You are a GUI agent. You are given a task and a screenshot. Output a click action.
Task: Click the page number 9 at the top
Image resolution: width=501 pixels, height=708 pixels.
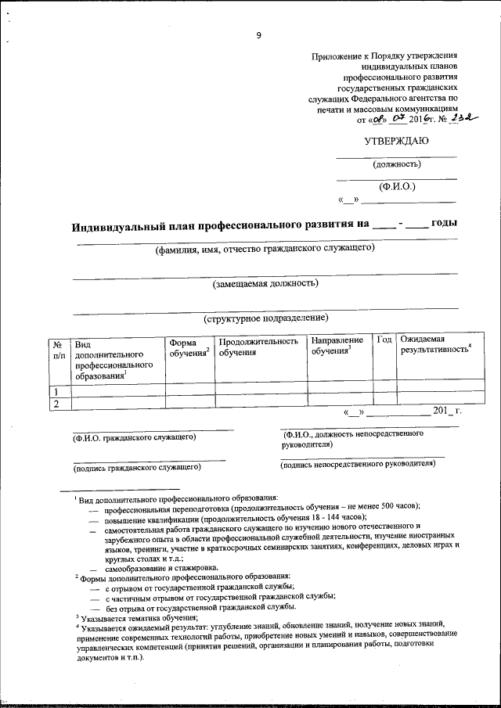click(258, 34)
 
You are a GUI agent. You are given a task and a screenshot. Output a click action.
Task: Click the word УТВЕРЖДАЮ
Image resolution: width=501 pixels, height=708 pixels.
click(396, 142)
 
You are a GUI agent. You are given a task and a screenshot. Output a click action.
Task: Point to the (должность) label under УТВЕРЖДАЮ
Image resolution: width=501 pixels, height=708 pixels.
click(396, 164)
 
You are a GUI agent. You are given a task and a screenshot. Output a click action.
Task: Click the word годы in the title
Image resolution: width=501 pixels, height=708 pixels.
click(443, 223)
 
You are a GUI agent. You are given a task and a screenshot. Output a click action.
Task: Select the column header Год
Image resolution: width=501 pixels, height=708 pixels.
click(384, 340)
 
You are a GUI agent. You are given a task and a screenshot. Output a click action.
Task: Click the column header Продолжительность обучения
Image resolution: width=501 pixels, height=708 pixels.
click(258, 347)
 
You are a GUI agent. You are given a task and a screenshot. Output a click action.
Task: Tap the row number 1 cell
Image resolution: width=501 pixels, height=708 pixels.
click(56, 390)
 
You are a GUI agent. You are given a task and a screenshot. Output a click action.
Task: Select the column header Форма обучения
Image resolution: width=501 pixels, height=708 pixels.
click(189, 347)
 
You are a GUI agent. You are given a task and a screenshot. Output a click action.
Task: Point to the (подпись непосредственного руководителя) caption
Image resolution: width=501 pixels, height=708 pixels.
click(357, 463)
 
